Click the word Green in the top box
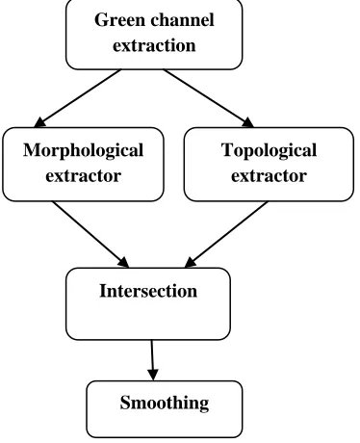(119, 20)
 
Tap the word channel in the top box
(182, 20)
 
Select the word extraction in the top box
(154, 45)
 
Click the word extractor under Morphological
(84, 176)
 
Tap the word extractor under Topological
(269, 176)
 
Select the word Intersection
(148, 291)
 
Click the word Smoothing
(165, 404)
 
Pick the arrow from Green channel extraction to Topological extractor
(209, 98)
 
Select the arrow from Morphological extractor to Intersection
(90, 234)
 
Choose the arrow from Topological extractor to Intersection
(226, 234)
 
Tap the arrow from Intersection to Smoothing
(153, 360)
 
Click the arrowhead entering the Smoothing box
(153, 375)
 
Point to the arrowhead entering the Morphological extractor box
(39, 122)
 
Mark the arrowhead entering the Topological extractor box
(248, 122)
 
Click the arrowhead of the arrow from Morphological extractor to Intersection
(124, 262)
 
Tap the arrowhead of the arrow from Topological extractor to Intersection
(190, 262)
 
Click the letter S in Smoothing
(125, 403)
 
